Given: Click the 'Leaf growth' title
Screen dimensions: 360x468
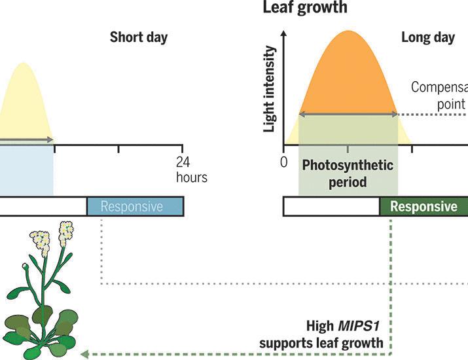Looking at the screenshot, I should [x=305, y=8].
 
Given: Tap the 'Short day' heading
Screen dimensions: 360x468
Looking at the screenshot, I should [x=139, y=37].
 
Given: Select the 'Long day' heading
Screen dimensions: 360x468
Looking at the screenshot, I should [x=427, y=37].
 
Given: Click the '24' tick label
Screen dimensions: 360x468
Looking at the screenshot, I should [x=184, y=162].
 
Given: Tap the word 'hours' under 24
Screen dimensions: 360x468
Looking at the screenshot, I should [x=191, y=177].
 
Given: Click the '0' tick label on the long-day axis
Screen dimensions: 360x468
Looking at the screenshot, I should [x=283, y=162].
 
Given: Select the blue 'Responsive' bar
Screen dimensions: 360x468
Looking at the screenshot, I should [x=135, y=206].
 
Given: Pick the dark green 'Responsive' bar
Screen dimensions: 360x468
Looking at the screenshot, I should [x=423, y=206].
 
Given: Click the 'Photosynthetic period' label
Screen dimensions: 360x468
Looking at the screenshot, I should [x=348, y=173].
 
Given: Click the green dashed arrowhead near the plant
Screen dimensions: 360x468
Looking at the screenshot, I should [x=84, y=355].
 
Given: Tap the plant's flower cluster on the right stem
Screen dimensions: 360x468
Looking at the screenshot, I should [x=65, y=230].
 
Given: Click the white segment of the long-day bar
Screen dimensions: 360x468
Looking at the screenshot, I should [x=331, y=206].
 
